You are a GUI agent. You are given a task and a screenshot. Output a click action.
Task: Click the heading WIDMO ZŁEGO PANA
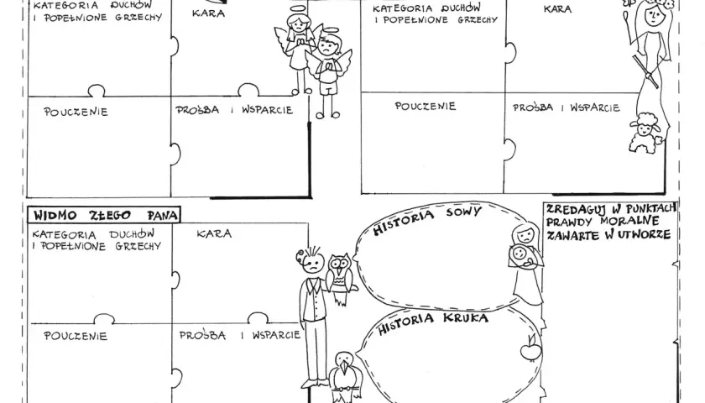pos(104,215)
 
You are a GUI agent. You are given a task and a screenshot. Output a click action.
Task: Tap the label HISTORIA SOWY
pos(427,218)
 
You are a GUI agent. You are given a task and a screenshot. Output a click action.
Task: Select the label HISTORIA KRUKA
pos(432,322)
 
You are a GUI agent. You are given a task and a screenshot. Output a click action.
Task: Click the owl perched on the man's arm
pos(341,279)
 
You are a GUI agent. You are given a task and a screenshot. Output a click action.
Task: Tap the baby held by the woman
pos(520,255)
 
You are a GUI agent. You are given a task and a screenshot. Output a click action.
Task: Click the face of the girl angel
pos(298,24)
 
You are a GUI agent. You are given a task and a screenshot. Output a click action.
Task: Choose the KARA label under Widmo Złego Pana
pos(214,233)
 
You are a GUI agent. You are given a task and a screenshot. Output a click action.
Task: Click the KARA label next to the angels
pos(208,13)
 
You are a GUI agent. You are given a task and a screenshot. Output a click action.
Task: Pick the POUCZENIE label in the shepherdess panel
pos(426,106)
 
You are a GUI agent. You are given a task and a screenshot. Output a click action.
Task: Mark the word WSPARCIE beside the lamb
pos(595,108)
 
